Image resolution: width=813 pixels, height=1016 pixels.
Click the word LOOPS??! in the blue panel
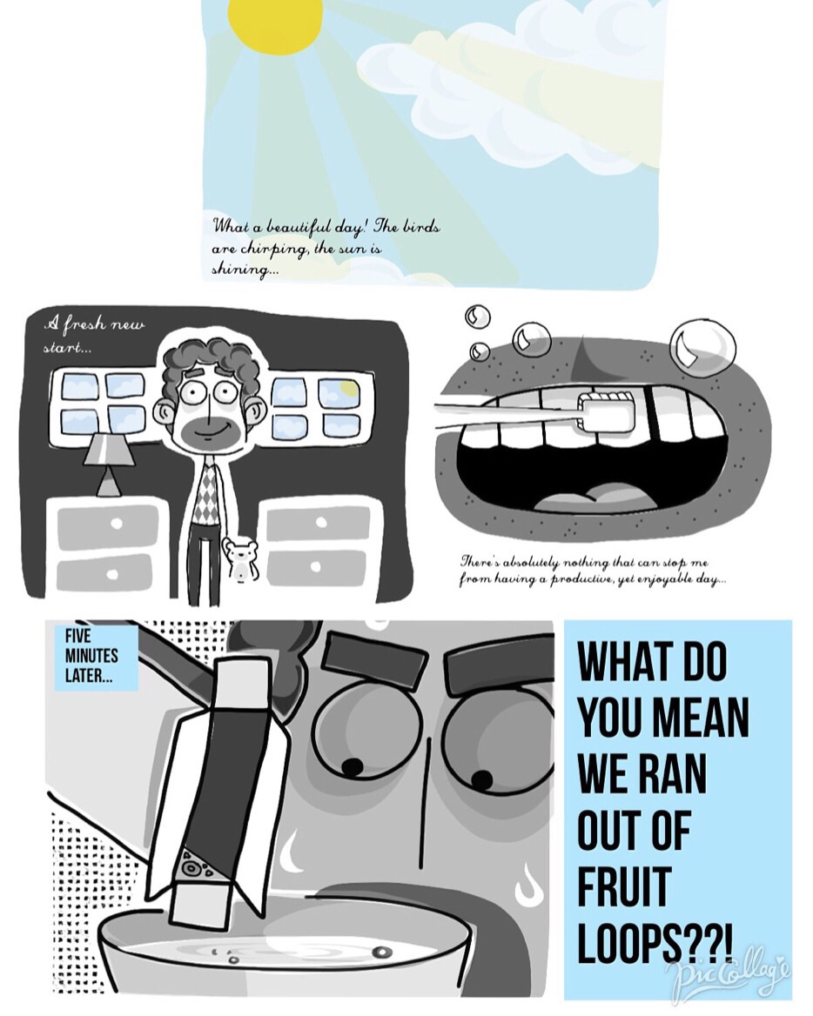655,943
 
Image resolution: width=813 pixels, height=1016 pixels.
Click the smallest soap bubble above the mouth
480,351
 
